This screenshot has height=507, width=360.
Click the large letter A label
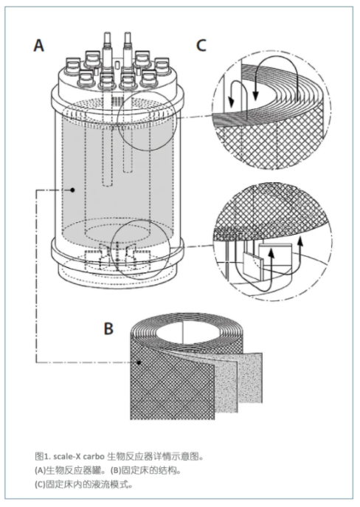(x=39, y=45)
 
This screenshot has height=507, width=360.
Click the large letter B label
(x=108, y=328)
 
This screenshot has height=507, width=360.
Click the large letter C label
(x=201, y=45)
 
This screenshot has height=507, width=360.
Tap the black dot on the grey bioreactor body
(x=73, y=190)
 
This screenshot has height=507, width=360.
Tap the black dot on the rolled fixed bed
(x=139, y=363)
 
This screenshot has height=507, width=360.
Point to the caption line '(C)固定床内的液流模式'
(x=83, y=484)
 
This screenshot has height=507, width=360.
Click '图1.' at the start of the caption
(x=43, y=457)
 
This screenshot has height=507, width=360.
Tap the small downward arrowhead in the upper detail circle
(x=231, y=102)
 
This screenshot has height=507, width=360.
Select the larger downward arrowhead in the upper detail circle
(x=256, y=94)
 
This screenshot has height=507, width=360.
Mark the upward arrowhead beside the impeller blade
(x=271, y=254)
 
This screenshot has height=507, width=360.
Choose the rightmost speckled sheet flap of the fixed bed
(x=251, y=379)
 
